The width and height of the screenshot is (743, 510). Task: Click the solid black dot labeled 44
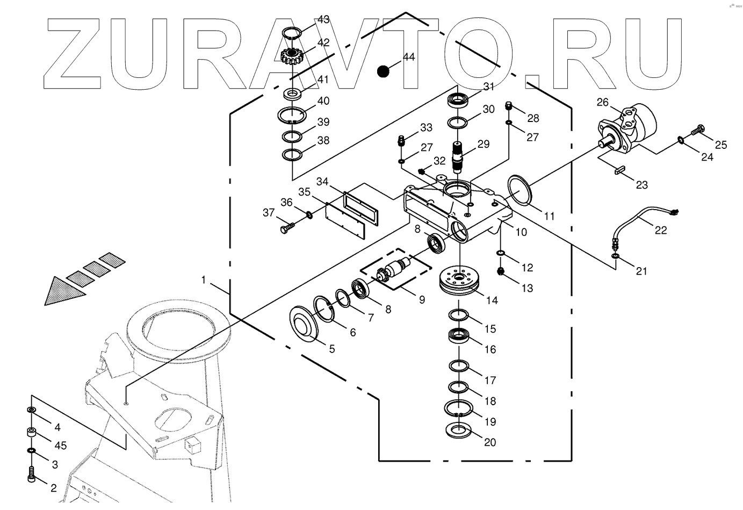coord(383,70)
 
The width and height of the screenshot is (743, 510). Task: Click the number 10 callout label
coord(521,232)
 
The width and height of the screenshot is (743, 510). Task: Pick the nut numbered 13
coord(500,271)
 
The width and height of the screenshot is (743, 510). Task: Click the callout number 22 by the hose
coord(660,230)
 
